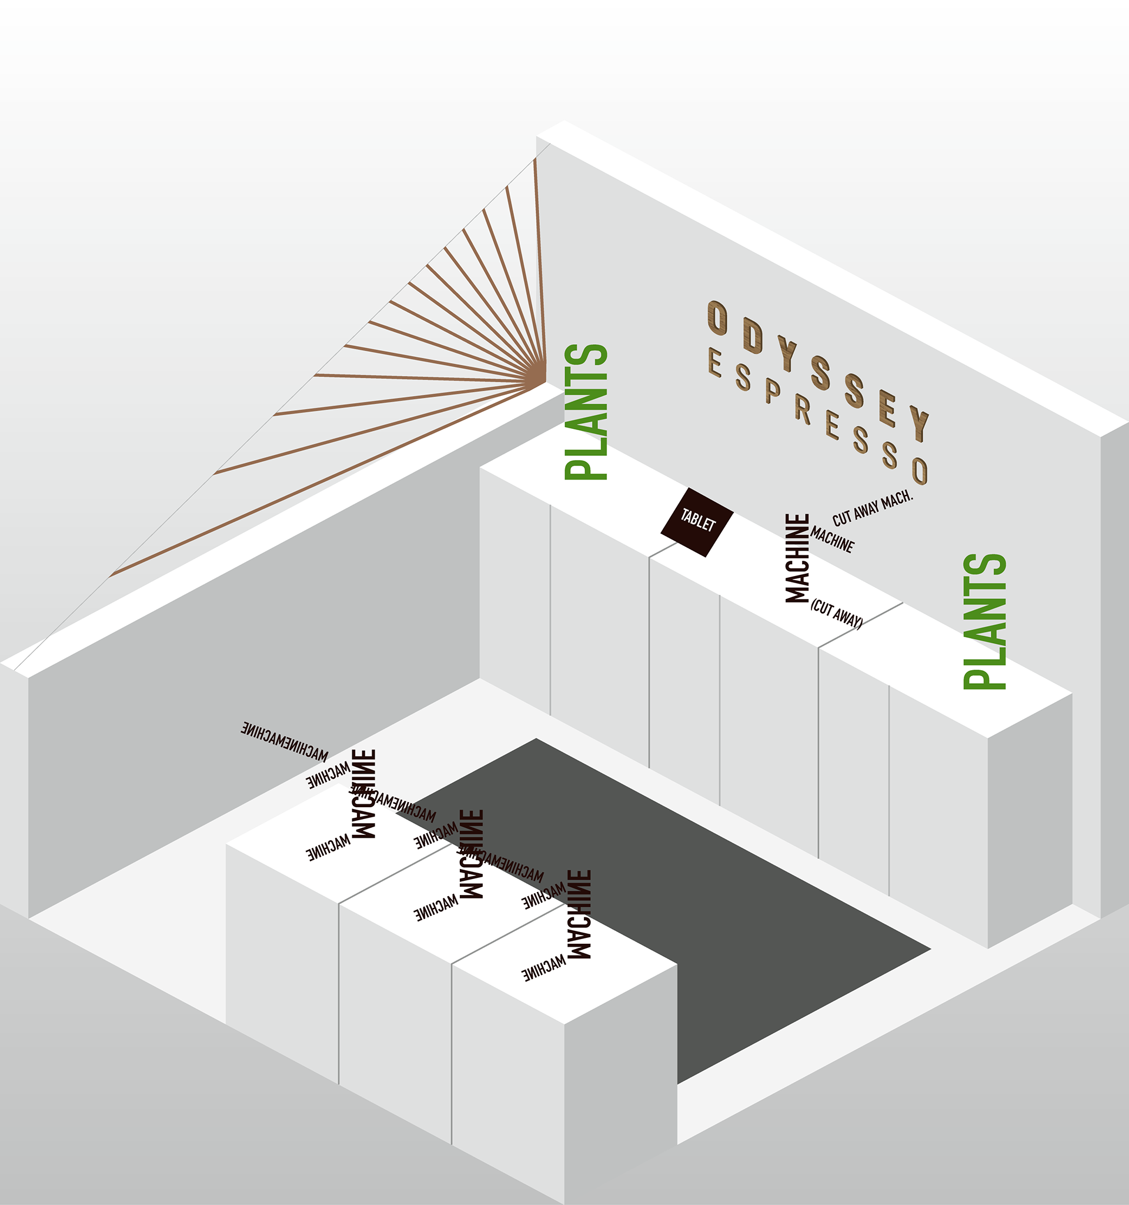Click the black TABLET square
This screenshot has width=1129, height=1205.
[697, 522]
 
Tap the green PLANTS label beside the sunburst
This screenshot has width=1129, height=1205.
[586, 412]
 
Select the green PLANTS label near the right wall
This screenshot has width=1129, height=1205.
[985, 621]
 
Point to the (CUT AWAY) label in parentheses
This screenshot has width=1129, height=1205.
[836, 614]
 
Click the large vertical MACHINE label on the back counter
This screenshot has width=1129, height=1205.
[797, 558]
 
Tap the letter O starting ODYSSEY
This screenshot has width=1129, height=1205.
[717, 318]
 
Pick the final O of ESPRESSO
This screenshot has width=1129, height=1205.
[920, 470]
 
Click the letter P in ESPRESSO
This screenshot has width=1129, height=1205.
[772, 392]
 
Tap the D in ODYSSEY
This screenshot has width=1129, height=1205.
[752, 335]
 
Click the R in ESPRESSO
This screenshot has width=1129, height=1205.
[803, 410]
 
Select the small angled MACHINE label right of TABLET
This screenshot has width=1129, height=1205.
[833, 539]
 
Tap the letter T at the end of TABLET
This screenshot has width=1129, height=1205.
[710, 525]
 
